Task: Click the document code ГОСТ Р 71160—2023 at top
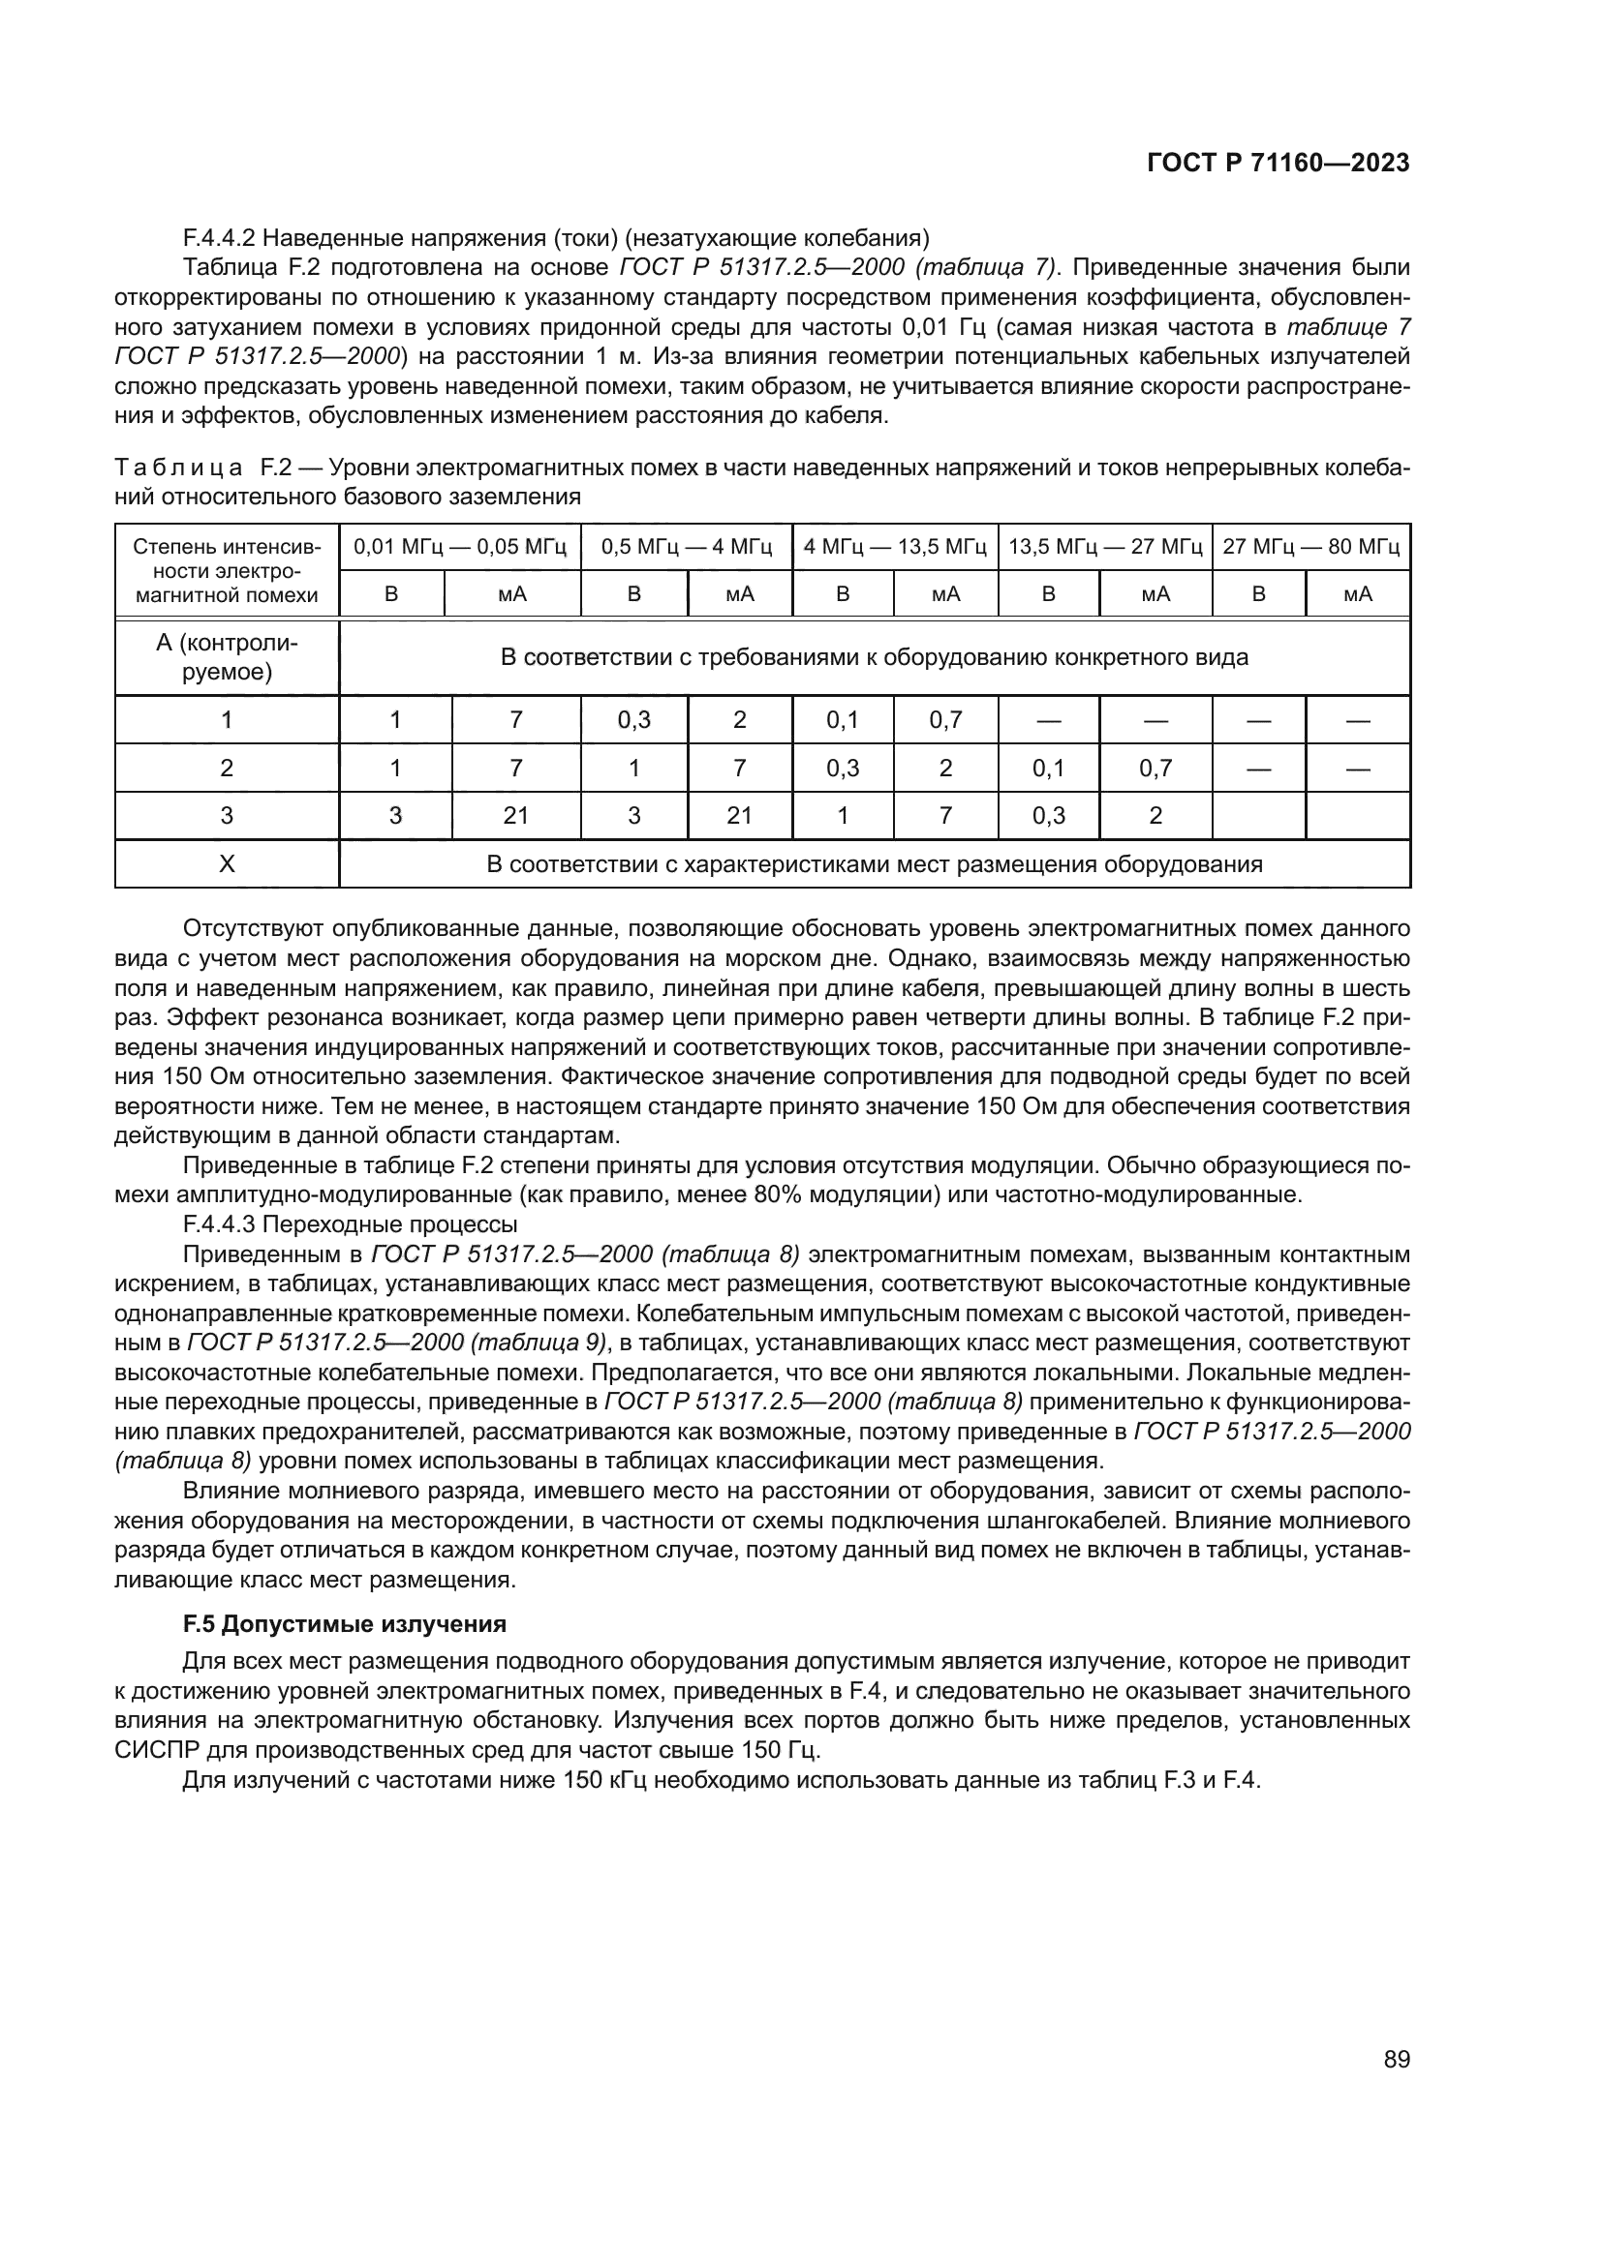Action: click(1278, 164)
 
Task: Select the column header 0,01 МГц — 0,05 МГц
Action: click(460, 546)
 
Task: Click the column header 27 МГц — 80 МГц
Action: click(1310, 546)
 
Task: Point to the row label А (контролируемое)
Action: click(227, 656)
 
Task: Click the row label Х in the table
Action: click(227, 863)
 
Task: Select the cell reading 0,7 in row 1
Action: click(945, 720)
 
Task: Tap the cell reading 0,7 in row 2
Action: click(1155, 768)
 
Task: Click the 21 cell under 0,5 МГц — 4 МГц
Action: click(739, 815)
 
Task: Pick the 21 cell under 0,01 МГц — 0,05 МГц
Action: click(516, 815)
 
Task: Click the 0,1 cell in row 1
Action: click(843, 720)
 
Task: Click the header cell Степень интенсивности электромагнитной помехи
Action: click(227, 571)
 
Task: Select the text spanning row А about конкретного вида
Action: click(874, 656)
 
